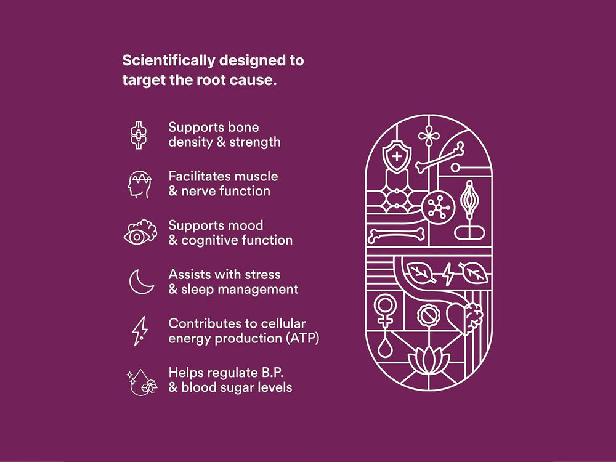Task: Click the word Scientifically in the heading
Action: (x=168, y=61)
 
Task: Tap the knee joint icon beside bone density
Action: (x=139, y=135)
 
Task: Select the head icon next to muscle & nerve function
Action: (x=139, y=184)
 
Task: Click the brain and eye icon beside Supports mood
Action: (x=140, y=232)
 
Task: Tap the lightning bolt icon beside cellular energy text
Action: (x=140, y=331)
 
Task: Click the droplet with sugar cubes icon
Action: (x=142, y=381)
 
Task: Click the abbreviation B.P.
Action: (x=270, y=373)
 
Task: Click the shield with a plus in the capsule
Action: (x=397, y=156)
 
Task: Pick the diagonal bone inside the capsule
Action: (x=440, y=157)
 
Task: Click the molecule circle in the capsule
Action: (x=439, y=207)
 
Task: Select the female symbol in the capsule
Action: (x=385, y=310)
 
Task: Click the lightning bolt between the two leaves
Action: (x=448, y=274)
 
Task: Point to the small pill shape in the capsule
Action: (x=469, y=233)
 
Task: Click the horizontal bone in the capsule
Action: (x=396, y=235)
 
